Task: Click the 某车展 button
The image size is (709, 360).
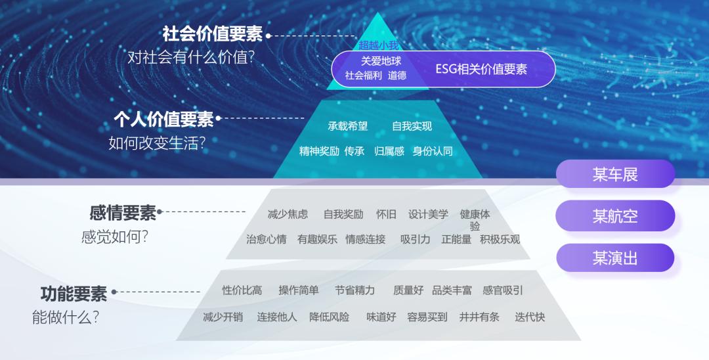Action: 615,174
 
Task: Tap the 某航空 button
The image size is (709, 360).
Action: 615,215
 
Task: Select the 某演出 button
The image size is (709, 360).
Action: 615,258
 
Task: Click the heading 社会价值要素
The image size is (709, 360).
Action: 212,34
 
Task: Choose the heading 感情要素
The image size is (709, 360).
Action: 123,213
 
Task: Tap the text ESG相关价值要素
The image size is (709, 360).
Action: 481,69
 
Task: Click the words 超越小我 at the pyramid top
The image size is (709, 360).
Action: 379,45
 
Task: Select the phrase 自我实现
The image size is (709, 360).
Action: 412,126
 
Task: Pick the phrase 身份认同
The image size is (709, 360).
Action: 433,151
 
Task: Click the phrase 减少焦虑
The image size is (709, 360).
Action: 288,214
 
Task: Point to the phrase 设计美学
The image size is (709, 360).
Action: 428,214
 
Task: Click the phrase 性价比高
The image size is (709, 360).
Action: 242,290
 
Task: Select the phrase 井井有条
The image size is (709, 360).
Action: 479,317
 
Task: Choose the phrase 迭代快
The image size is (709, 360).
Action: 530,317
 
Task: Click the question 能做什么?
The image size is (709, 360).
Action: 66,317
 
